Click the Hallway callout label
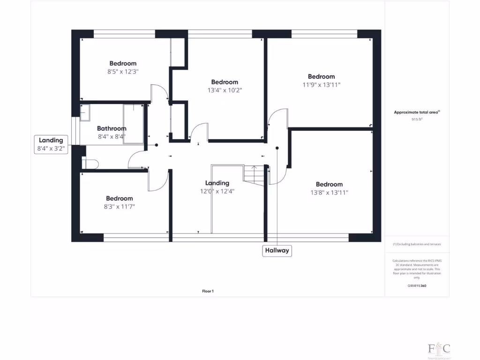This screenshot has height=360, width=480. click(x=277, y=251)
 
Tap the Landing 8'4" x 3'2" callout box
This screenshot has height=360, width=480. click(x=51, y=144)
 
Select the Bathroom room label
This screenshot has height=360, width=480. click(x=112, y=128)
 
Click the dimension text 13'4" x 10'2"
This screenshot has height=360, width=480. click(x=225, y=90)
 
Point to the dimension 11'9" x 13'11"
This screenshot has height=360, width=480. click(x=321, y=85)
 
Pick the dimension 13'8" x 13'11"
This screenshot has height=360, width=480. click(x=329, y=192)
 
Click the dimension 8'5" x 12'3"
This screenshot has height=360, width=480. click(x=123, y=72)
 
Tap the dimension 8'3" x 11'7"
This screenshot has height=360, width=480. click(x=119, y=206)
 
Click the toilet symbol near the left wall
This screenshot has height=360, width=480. click(x=90, y=163)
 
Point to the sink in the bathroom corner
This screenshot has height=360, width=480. click(x=85, y=113)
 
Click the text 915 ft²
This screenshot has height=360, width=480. click(x=417, y=120)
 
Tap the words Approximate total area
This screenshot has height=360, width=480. click(x=416, y=112)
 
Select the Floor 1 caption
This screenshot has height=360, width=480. click(x=208, y=291)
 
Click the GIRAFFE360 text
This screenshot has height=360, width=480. click(x=417, y=285)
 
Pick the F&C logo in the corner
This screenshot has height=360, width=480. click(x=439, y=349)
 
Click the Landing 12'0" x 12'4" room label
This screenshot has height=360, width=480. click(x=217, y=187)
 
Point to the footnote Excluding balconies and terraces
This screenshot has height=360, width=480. click(x=417, y=244)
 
